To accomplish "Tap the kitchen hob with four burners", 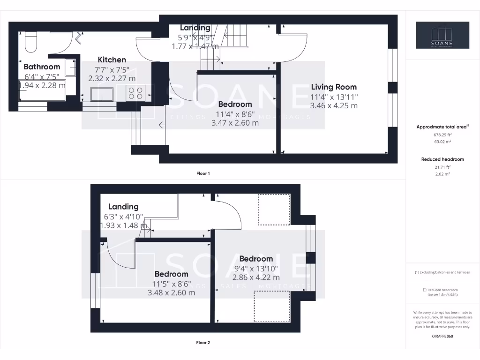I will tap(136, 93).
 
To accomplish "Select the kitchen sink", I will tap(102, 94).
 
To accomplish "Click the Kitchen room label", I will tap(112, 60).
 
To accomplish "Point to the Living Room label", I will tap(334, 87).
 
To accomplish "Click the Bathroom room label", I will tap(42, 67).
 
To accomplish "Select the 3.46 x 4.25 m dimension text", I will tap(334, 105).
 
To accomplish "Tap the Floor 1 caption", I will tap(203, 173).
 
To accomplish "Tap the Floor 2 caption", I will tap(203, 343).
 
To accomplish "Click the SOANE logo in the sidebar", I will tap(442, 35).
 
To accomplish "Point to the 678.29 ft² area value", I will tap(442, 134).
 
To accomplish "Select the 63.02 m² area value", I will tap(442, 141).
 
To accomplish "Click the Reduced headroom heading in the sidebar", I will tap(442, 159).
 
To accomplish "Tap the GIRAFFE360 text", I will tap(442, 336).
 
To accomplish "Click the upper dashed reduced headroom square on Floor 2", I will tap(274, 210).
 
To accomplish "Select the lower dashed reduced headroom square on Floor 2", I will tap(272, 306).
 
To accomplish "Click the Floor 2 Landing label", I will tap(123, 206).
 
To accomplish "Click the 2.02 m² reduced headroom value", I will tap(442, 174).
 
